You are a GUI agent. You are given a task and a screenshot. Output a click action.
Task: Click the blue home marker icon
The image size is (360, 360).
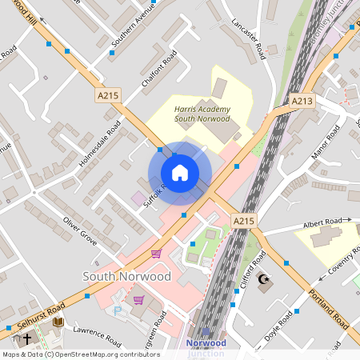(180, 173)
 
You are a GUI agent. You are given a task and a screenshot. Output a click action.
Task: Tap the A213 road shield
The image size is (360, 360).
(302, 101)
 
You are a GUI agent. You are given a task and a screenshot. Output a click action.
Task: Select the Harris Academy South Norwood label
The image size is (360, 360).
(196, 113)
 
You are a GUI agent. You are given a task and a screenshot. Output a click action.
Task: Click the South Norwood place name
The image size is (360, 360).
(126, 276)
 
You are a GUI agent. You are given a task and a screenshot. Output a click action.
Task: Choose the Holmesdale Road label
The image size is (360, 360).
(100, 145)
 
